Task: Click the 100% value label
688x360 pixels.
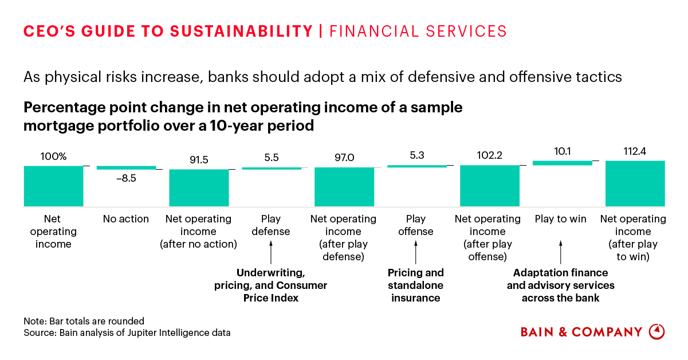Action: click(x=53, y=156)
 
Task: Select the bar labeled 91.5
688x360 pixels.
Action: click(x=199, y=187)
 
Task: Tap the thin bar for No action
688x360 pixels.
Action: click(x=126, y=167)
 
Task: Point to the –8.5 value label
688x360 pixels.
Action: click(x=126, y=178)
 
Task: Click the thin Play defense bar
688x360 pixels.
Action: click(x=272, y=168)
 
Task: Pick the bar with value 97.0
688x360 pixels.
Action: click(x=344, y=186)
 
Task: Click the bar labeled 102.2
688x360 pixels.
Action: click(x=490, y=186)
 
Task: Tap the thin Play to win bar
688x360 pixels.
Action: click(x=563, y=163)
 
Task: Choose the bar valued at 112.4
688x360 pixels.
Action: click(x=635, y=183)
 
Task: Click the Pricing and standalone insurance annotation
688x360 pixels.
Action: click(x=416, y=285)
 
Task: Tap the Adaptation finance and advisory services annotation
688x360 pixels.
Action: click(x=560, y=285)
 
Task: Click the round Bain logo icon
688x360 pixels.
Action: click(x=656, y=332)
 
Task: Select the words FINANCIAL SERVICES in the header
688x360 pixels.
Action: click(x=418, y=31)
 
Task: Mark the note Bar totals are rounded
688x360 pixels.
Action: click(x=84, y=321)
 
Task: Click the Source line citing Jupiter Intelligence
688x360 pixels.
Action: click(x=127, y=332)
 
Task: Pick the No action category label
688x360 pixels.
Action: click(x=126, y=219)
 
